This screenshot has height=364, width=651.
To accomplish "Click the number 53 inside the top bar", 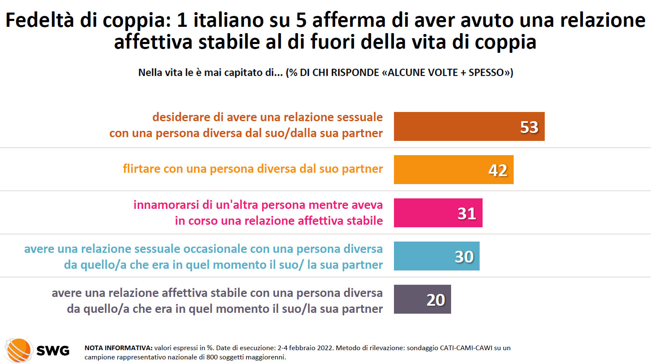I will [x=529, y=127].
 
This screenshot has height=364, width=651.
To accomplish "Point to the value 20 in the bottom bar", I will [x=436, y=300].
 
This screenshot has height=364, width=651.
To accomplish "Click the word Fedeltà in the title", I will [x=40, y=20].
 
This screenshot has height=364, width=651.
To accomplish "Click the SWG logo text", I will [x=53, y=351].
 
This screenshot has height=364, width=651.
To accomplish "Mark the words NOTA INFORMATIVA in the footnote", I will [x=118, y=348].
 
